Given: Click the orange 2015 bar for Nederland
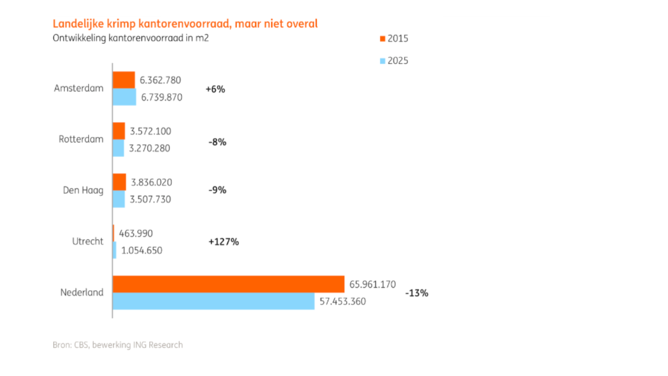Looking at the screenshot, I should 229,284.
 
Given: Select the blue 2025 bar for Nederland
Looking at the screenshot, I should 213,301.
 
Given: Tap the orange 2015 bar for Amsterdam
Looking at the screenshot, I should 124,80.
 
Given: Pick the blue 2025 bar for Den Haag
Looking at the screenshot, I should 119,199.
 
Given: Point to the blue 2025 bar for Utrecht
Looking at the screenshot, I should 115,250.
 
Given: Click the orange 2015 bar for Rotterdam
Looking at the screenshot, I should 119,131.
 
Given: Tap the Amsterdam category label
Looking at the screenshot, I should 79,88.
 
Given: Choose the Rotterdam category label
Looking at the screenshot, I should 81,139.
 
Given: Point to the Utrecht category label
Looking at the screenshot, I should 88,242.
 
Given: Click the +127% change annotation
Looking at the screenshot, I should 223,242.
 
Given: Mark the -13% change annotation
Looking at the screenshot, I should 416,293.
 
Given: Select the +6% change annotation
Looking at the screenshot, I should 215,89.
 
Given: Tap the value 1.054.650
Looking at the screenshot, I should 141,251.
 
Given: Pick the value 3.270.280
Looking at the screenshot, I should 149,148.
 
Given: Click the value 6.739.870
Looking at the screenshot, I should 162,97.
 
